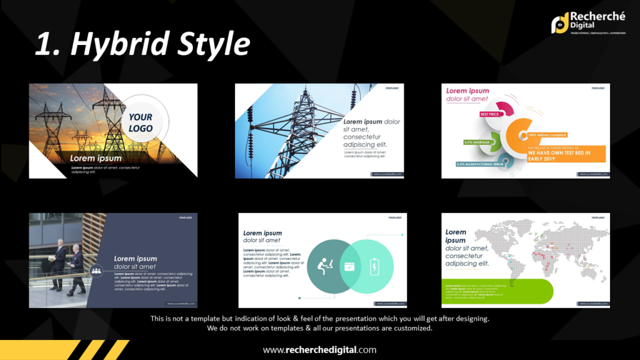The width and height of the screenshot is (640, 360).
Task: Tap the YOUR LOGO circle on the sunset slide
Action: pyautogui.click(x=141, y=122)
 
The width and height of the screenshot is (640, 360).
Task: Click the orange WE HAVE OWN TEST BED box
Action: pyautogui.click(x=566, y=154)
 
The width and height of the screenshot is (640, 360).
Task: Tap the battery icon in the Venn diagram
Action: pyautogui.click(x=374, y=266)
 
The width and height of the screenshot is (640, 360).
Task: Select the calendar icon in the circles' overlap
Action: pyautogui.click(x=349, y=266)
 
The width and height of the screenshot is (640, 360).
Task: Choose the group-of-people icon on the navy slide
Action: pyautogui.click(x=96, y=271)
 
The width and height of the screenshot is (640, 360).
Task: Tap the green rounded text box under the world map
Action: pyautogui.click(x=497, y=291)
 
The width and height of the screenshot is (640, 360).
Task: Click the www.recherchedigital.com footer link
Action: pyautogui.click(x=319, y=350)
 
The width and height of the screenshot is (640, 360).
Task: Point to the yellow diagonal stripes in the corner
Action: pyautogui.click(x=94, y=350)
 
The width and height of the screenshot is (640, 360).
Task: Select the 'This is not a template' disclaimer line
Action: pyautogui.click(x=319, y=319)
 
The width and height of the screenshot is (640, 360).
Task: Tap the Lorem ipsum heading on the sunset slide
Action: pyautogui.click(x=96, y=159)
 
